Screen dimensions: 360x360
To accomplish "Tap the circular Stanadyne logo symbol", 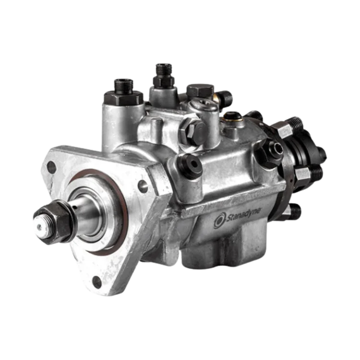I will pos(219,221).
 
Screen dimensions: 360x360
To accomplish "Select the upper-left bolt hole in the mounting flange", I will pos(51,168).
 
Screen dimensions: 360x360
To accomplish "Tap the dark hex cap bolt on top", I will pos(199,90).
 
